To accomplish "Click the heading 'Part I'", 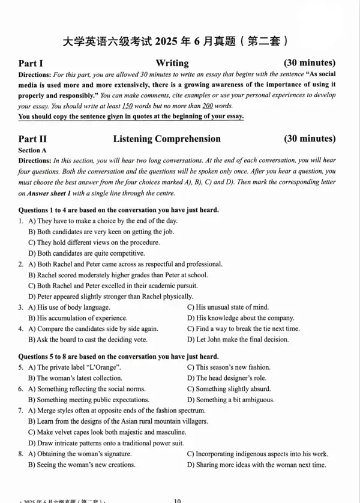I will (x=31, y=63).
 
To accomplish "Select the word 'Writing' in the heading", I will (x=172, y=63).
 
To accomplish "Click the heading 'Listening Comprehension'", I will (x=167, y=139).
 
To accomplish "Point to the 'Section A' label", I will (x=32, y=150).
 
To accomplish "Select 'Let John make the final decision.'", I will (x=234, y=340).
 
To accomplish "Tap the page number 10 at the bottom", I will (x=177, y=500).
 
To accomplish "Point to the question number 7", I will (x=21, y=411).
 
